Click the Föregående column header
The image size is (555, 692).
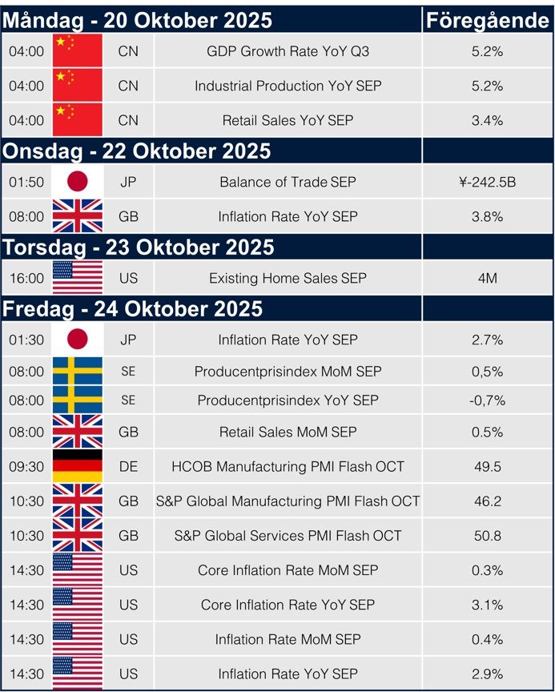click(487, 20)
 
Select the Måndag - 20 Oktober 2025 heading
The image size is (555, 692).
click(138, 20)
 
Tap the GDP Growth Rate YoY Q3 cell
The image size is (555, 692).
click(288, 51)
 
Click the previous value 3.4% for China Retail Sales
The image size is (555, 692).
click(487, 120)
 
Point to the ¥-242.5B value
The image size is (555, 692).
click(487, 182)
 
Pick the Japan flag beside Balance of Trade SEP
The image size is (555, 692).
click(78, 182)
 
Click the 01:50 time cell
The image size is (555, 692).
click(26, 182)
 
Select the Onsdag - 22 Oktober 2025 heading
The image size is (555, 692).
click(137, 151)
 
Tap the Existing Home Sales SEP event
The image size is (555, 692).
click(288, 278)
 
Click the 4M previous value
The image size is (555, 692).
click(487, 278)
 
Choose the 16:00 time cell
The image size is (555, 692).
click(26, 278)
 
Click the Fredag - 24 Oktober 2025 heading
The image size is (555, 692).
click(133, 308)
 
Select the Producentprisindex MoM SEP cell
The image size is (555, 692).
click(288, 372)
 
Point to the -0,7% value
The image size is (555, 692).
click(487, 400)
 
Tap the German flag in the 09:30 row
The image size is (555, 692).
click(78, 466)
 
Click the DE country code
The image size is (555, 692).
click(128, 466)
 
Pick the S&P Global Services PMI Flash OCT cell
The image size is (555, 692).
click(288, 535)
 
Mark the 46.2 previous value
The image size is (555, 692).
click(487, 501)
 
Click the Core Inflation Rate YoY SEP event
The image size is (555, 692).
click(288, 604)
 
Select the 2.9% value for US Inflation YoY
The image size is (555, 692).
click(487, 673)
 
